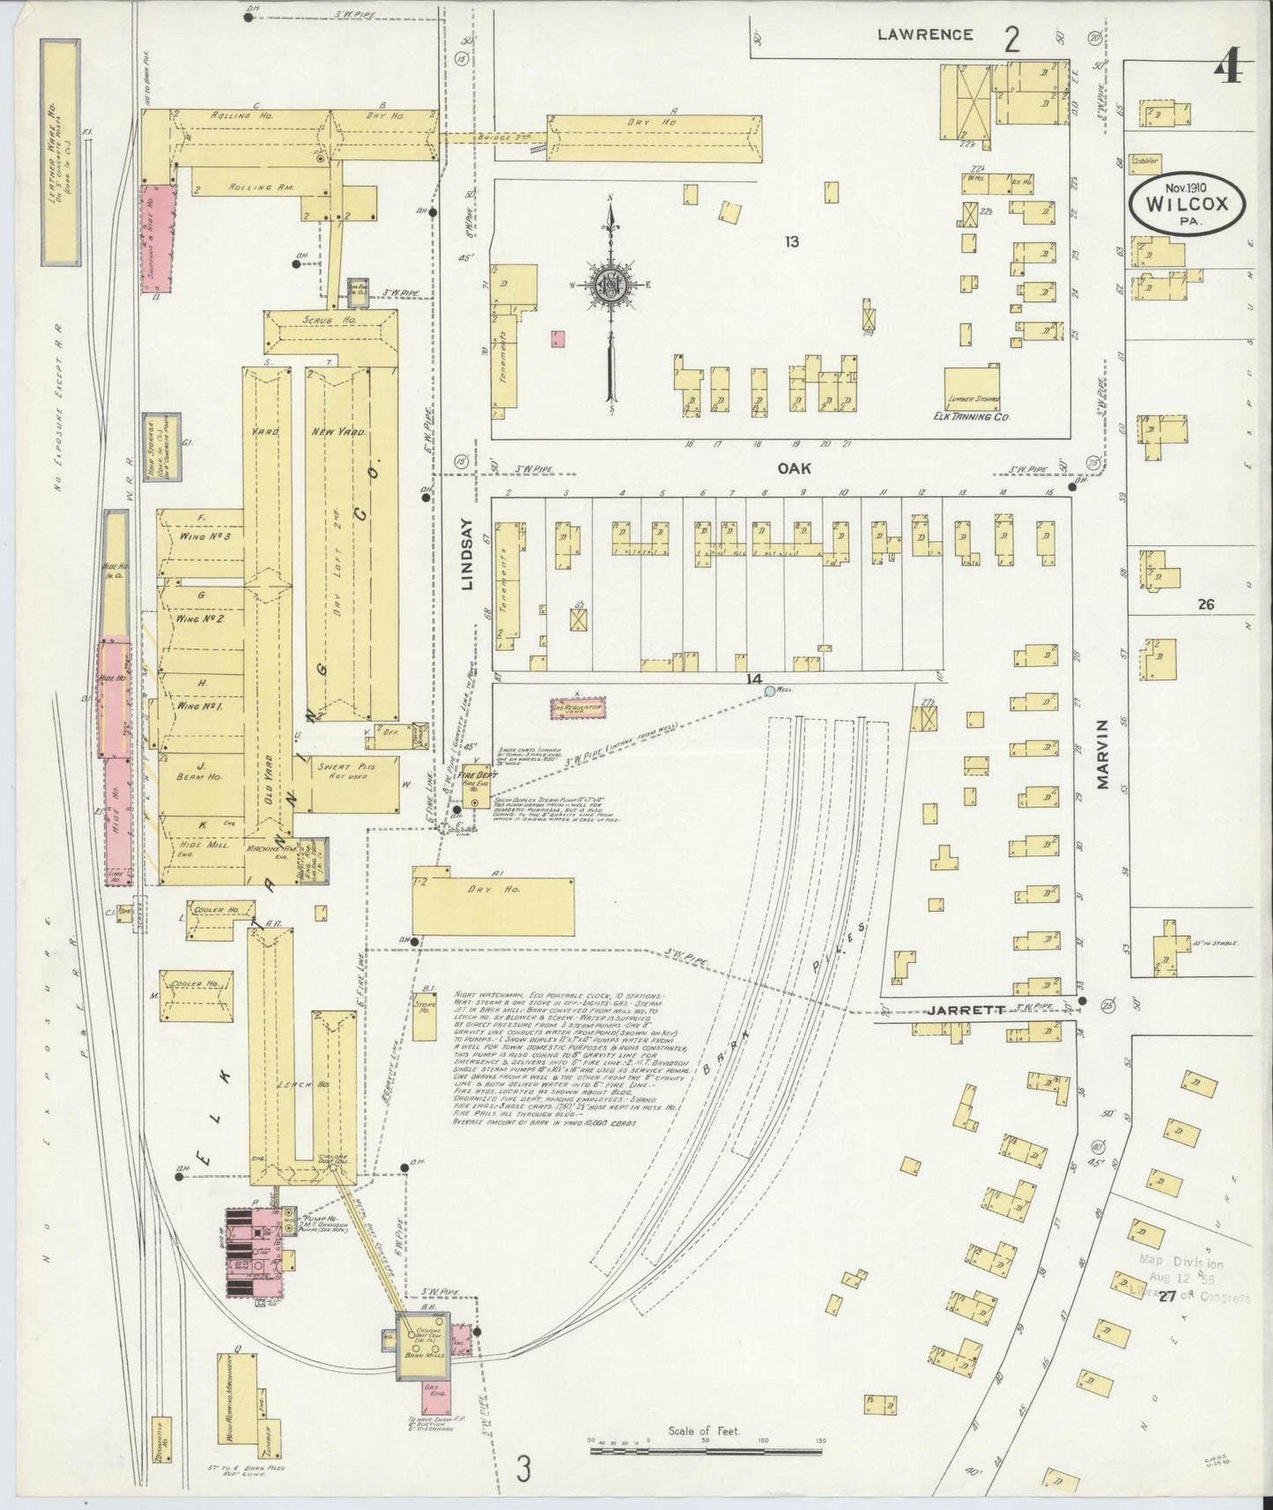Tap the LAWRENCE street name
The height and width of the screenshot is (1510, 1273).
click(925, 35)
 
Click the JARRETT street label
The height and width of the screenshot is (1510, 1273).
click(966, 1011)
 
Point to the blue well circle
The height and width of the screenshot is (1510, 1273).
click(769, 692)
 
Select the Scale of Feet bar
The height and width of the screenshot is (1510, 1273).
click(705, 1445)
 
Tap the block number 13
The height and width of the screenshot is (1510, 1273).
click(791, 241)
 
